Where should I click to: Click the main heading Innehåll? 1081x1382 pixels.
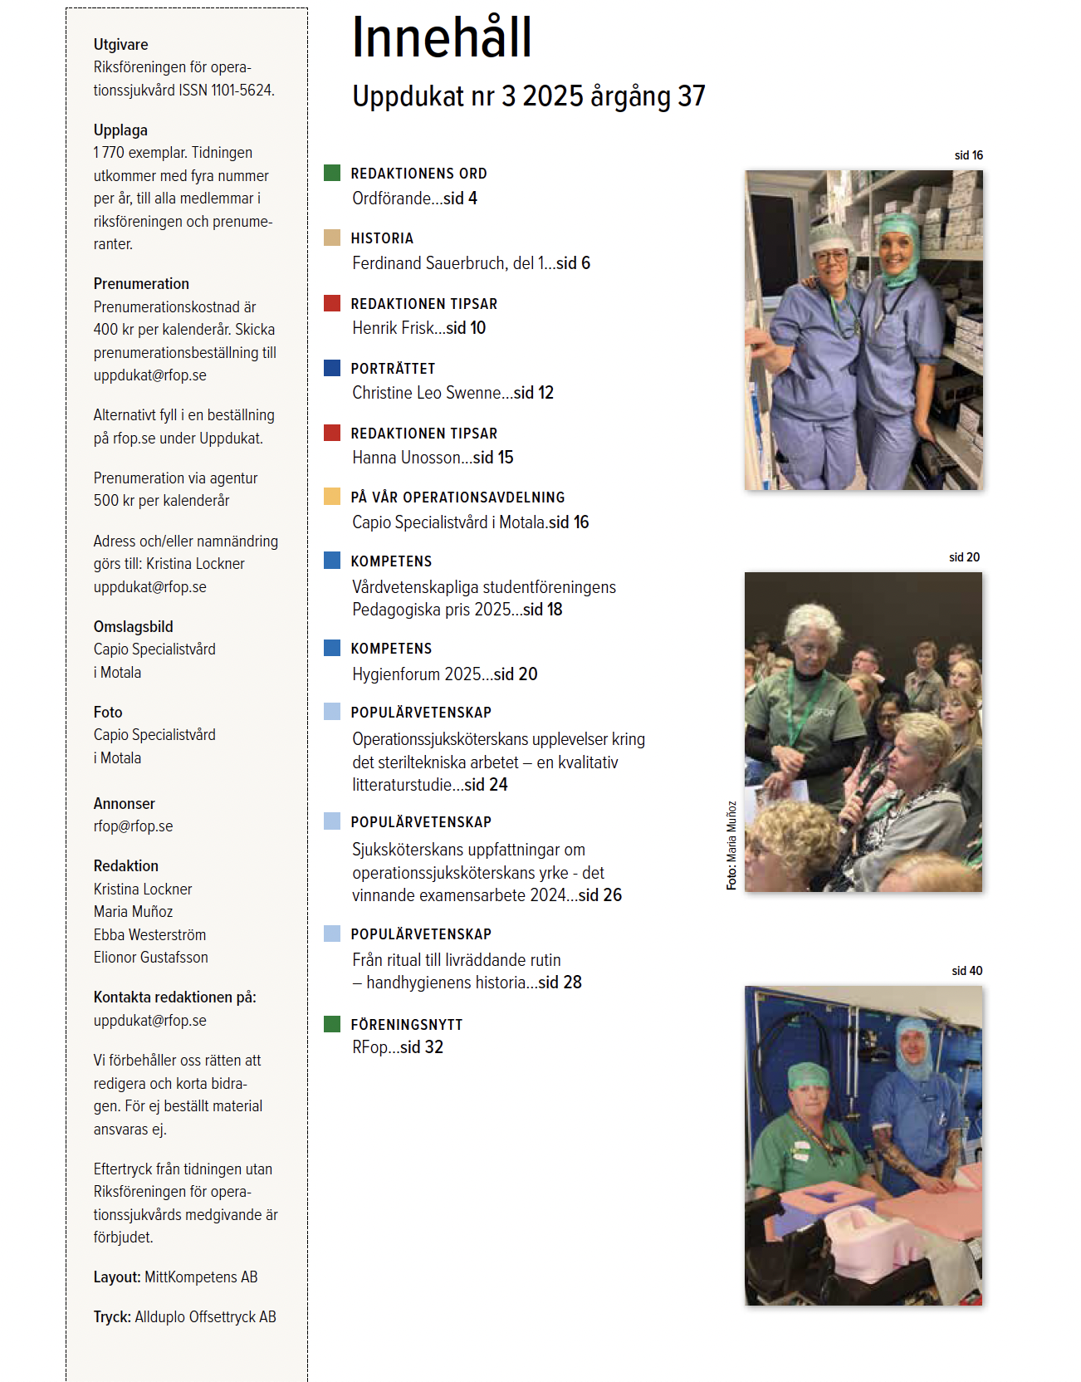pyautogui.click(x=441, y=38)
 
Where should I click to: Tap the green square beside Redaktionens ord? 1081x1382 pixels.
pyautogui.click(x=332, y=173)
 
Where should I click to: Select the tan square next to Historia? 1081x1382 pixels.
pyautogui.click(x=332, y=238)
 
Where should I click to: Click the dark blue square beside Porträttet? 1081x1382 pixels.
pyautogui.click(x=332, y=368)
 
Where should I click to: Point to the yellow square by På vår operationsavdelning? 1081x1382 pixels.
pyautogui.click(x=332, y=497)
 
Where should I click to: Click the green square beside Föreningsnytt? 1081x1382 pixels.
pyautogui.click(x=332, y=1024)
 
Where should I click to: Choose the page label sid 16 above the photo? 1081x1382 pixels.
pyautogui.click(x=968, y=155)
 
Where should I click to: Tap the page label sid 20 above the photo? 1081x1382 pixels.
pyautogui.click(x=964, y=557)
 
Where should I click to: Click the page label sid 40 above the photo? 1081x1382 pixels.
pyautogui.click(x=966, y=971)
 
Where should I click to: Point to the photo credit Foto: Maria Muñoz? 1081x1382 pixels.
pyautogui.click(x=731, y=845)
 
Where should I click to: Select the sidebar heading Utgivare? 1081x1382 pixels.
pyautogui.click(x=120, y=45)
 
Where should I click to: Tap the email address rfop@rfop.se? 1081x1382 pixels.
pyautogui.click(x=133, y=826)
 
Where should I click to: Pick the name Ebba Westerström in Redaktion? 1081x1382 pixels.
pyautogui.click(x=149, y=935)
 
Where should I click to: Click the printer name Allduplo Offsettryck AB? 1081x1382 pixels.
pyautogui.click(x=205, y=1317)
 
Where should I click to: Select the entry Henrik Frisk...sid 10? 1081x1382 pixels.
pyautogui.click(x=418, y=328)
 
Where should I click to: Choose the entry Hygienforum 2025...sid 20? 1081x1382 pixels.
pyautogui.click(x=444, y=674)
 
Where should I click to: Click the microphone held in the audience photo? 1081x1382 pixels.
pyautogui.click(x=863, y=793)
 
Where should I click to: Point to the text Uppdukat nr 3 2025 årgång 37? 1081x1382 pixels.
pyautogui.click(x=528, y=96)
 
